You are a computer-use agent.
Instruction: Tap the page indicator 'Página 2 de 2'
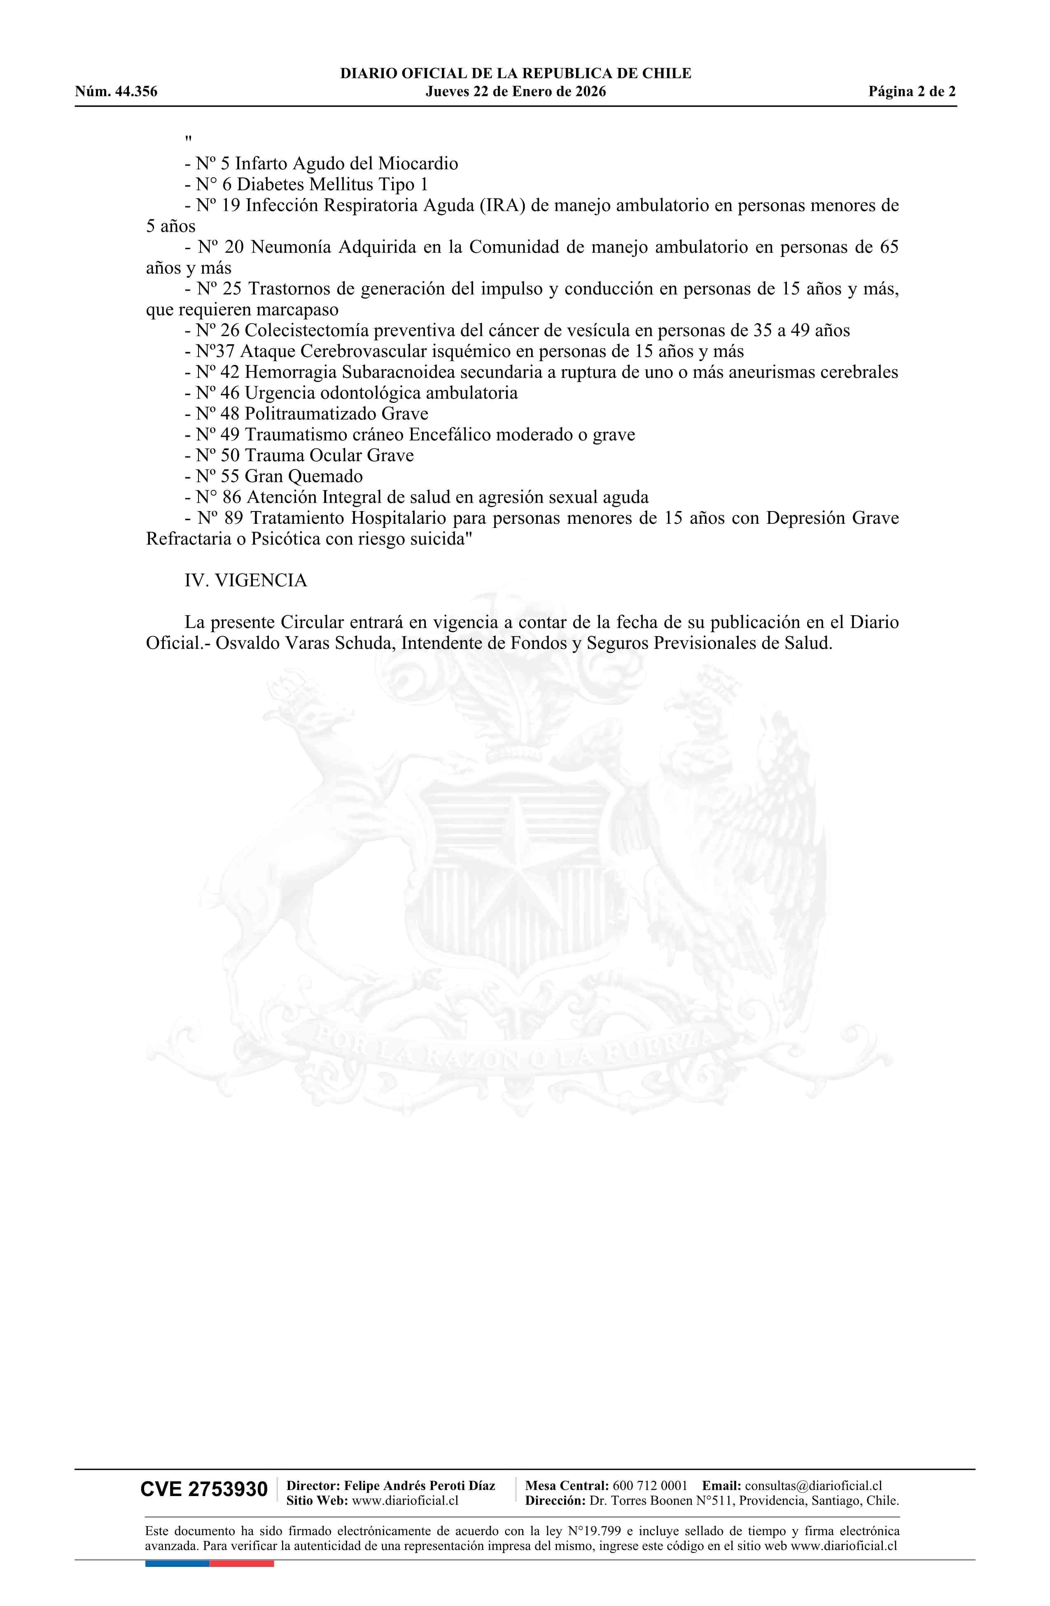pyautogui.click(x=912, y=92)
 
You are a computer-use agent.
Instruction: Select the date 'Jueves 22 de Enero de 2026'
pyautogui.click(x=516, y=92)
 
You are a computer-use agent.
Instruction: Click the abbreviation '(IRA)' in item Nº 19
pyautogui.click(x=503, y=206)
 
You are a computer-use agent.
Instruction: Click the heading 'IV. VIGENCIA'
pyautogui.click(x=246, y=580)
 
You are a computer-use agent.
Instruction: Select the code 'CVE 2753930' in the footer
pyautogui.click(x=204, y=1489)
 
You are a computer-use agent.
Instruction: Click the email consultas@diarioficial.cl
pyautogui.click(x=813, y=1485)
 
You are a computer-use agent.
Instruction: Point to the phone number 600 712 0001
pyautogui.click(x=650, y=1485)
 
